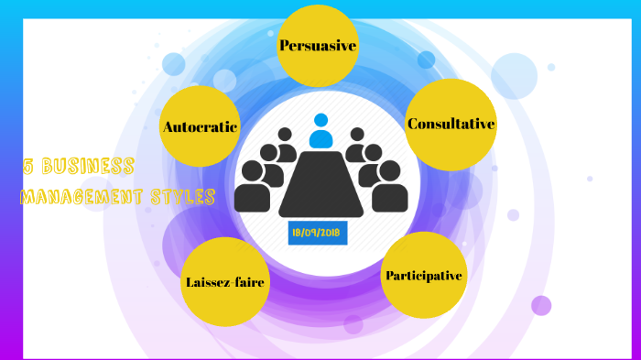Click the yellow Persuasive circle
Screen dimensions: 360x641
click(317, 46)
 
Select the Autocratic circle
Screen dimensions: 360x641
click(200, 126)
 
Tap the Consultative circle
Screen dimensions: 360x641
click(451, 125)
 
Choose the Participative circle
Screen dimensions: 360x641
click(423, 276)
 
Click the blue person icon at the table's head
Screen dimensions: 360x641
click(320, 131)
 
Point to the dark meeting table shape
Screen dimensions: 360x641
click(320, 183)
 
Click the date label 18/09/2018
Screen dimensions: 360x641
click(317, 233)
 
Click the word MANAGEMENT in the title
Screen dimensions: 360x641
click(81, 196)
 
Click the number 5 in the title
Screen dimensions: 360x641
click(28, 167)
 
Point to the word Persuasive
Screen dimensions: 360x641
click(317, 45)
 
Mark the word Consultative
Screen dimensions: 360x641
click(451, 124)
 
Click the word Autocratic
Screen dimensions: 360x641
click(200, 126)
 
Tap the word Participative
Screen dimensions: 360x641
click(423, 275)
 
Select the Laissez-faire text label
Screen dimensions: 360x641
click(224, 282)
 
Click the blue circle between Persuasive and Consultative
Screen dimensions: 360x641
click(426, 60)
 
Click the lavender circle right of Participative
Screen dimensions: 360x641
click(541, 305)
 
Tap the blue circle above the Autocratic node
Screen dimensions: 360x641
click(174, 64)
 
